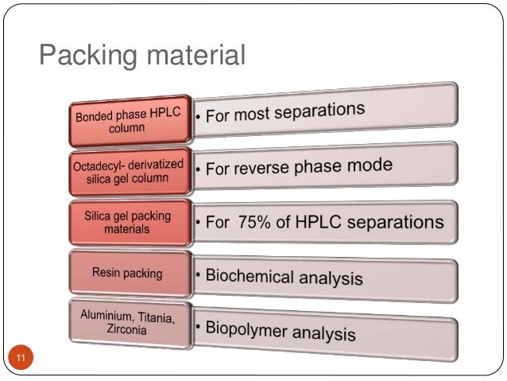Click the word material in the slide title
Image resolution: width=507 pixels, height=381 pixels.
click(x=190, y=55)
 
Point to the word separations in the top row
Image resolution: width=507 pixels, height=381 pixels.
click(x=317, y=111)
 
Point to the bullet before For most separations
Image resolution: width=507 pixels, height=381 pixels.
click(x=199, y=119)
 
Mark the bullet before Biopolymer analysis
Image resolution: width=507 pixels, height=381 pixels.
click(x=198, y=326)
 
